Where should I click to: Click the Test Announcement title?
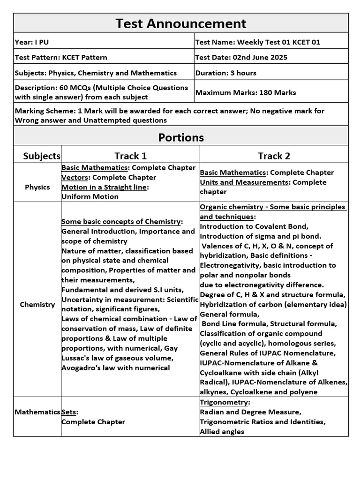click(180, 23)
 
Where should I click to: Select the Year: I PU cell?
click(32, 42)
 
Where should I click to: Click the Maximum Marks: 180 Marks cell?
click(245, 93)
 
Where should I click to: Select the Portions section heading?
click(180, 137)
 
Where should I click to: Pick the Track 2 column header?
click(274, 156)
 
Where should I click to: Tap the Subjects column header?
click(42, 156)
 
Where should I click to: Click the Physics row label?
click(37, 187)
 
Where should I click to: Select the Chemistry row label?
click(37, 305)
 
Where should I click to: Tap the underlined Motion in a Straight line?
click(105, 187)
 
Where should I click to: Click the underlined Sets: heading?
click(70, 412)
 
